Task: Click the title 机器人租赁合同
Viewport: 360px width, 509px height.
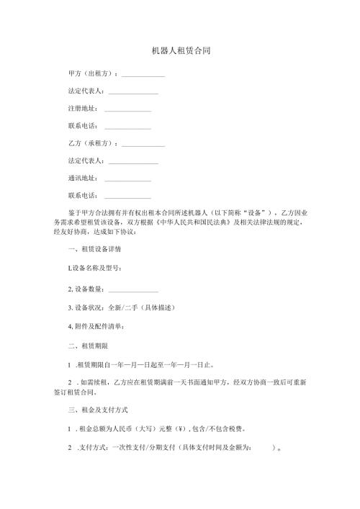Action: click(x=181, y=52)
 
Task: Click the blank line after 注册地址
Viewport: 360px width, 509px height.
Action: click(x=127, y=111)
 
